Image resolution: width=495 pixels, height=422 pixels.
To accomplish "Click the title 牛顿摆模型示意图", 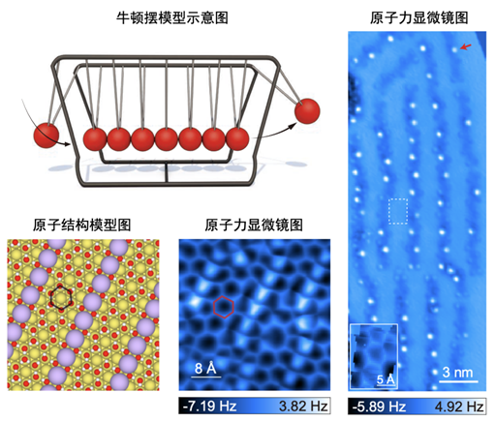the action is (172, 17).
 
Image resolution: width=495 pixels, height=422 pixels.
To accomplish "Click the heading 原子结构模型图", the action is (81, 225).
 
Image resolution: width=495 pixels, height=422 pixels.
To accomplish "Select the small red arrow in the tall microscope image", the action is (465, 47).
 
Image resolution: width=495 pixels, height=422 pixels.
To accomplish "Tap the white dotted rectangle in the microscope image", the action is (398, 211).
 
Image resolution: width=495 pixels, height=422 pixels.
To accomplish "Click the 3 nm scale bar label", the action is (457, 373).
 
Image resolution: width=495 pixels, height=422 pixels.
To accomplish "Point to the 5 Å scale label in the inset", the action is (386, 379).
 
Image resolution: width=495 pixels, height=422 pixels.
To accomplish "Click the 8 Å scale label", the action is (205, 368).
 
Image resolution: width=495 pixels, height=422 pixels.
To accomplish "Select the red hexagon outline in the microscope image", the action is (223, 307).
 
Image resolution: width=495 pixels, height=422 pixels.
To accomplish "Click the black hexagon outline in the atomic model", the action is (60, 297).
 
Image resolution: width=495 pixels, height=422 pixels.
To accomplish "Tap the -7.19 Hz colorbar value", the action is (209, 406).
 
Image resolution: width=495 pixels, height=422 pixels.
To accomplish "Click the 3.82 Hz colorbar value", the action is (303, 406).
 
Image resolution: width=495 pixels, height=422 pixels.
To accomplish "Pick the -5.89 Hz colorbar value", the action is (379, 407).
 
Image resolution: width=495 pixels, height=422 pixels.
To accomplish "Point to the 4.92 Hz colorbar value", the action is (459, 407).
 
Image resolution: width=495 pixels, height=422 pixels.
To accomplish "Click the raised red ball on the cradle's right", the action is (307, 111).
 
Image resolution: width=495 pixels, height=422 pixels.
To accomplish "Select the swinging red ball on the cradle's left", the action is (46, 136).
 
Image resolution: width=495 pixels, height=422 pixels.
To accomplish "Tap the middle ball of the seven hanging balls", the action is (167, 139).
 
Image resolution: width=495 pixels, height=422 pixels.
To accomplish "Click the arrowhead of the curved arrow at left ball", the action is (67, 144).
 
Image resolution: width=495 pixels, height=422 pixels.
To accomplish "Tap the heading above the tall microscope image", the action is (419, 17).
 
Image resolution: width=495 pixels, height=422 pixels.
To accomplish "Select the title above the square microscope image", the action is (254, 225).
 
